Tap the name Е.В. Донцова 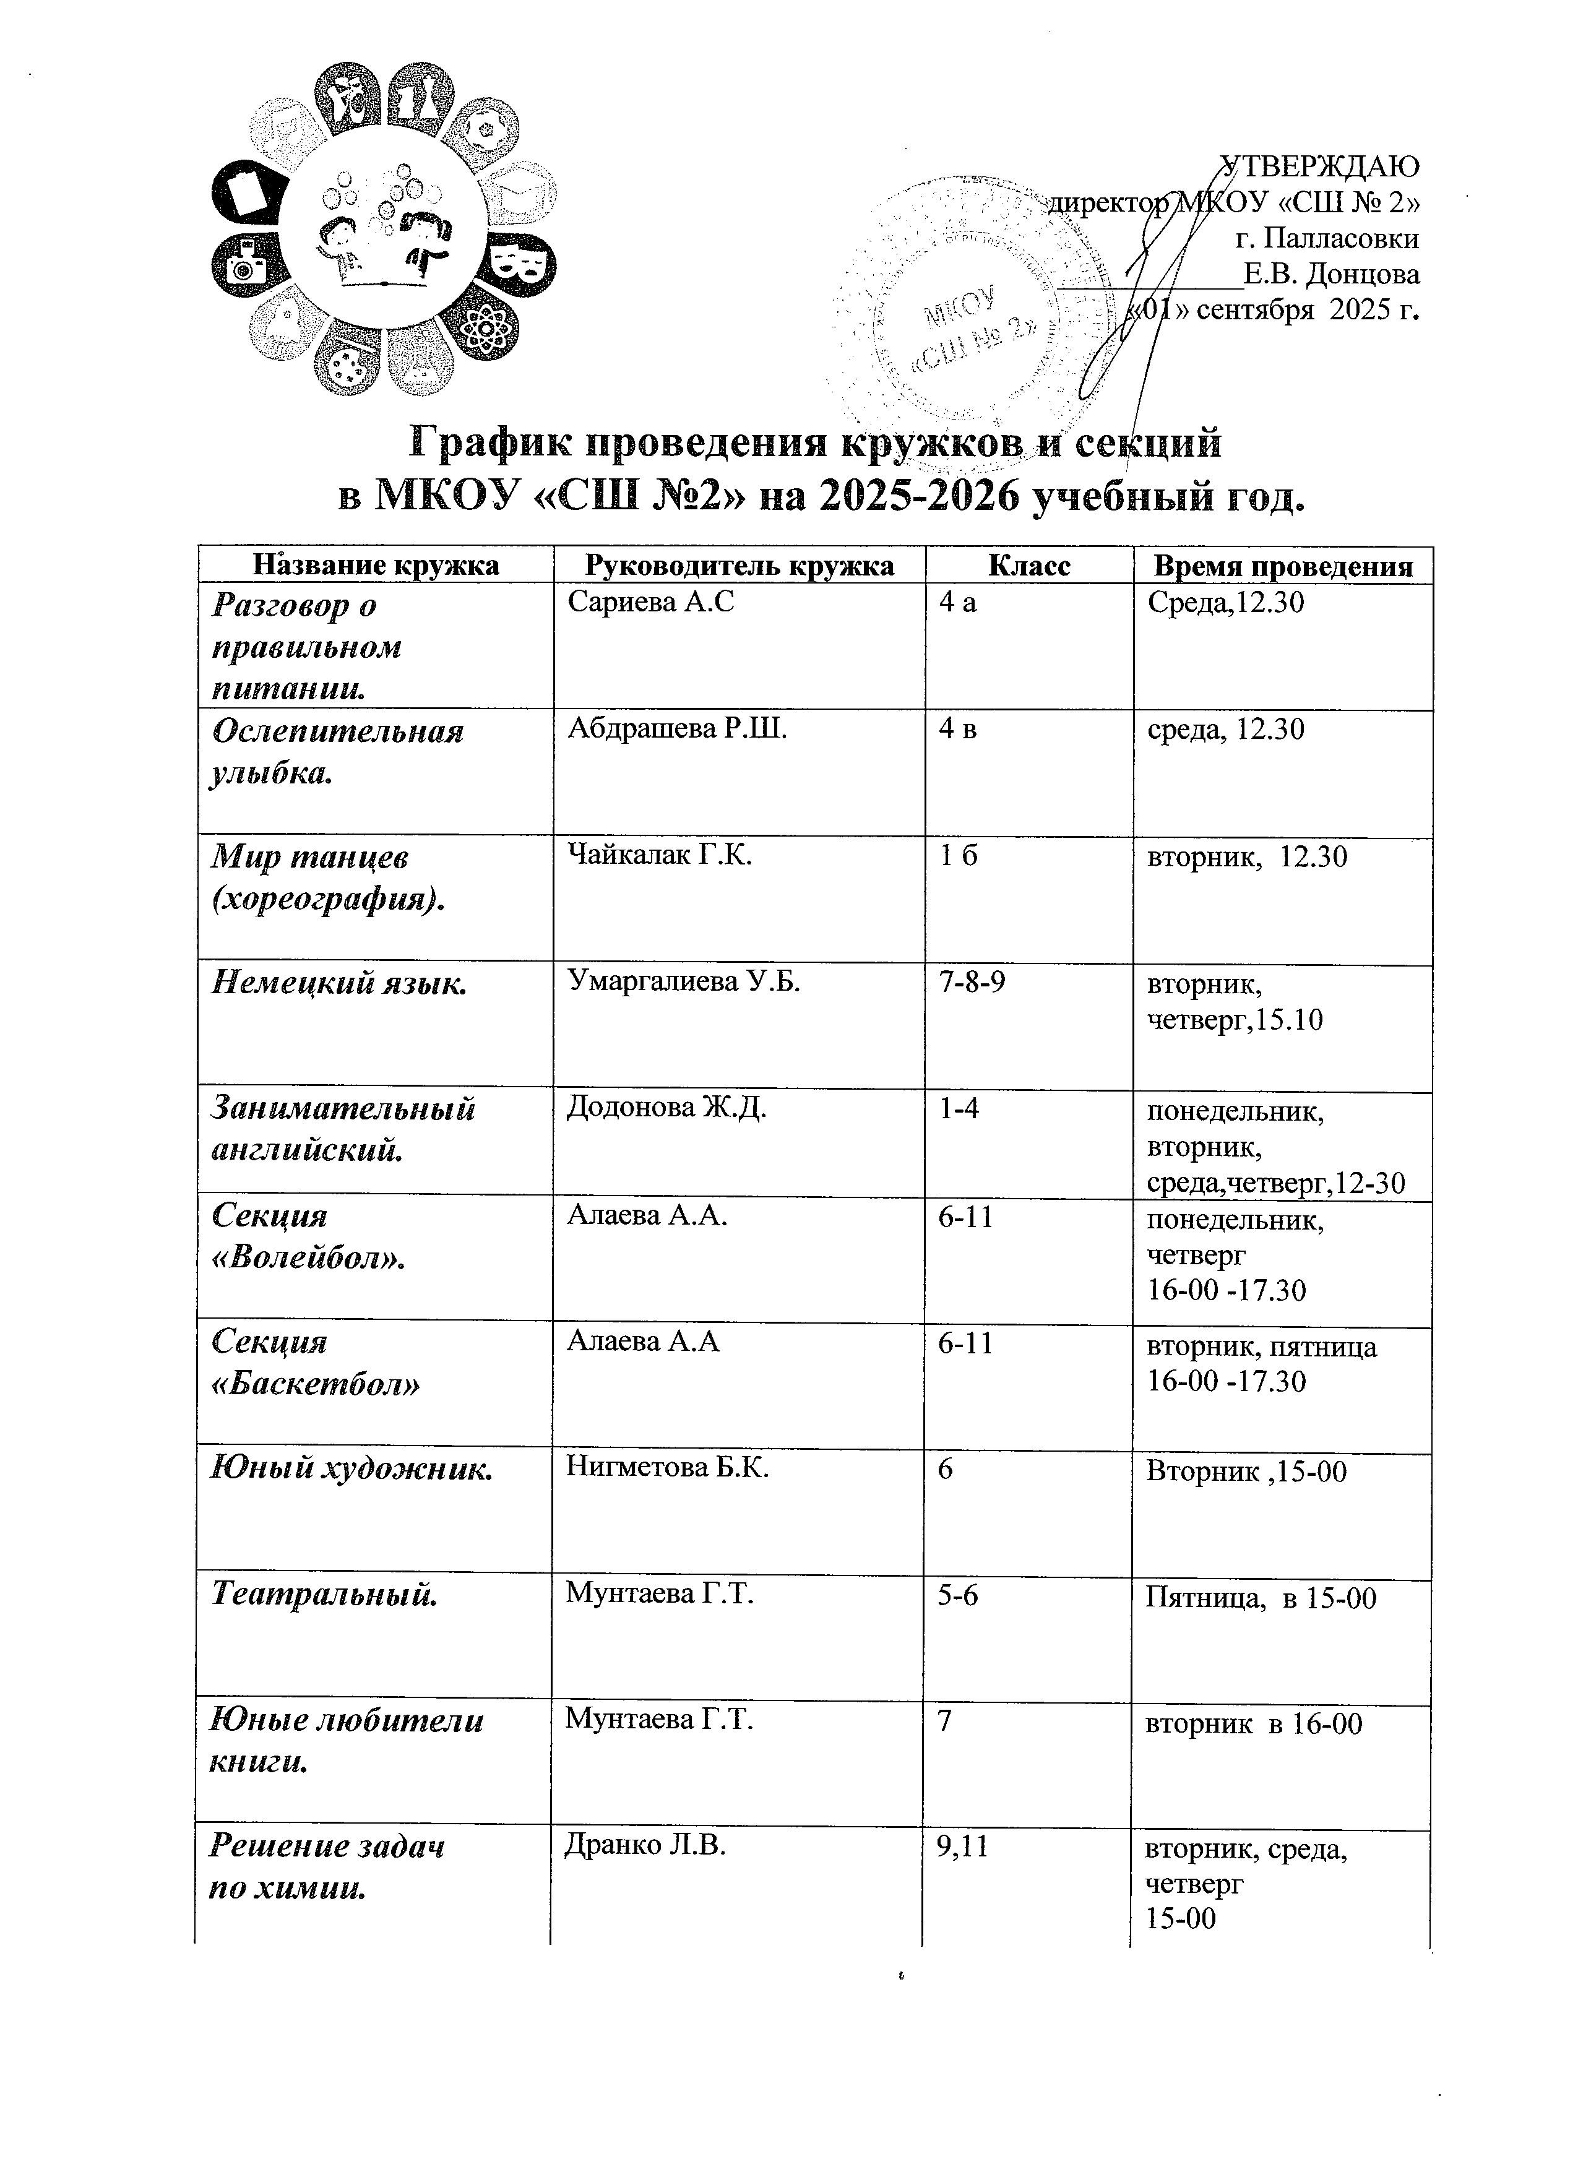pyautogui.click(x=1331, y=275)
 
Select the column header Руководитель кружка pyautogui.click(x=739, y=566)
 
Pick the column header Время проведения pyautogui.click(x=1282, y=566)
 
